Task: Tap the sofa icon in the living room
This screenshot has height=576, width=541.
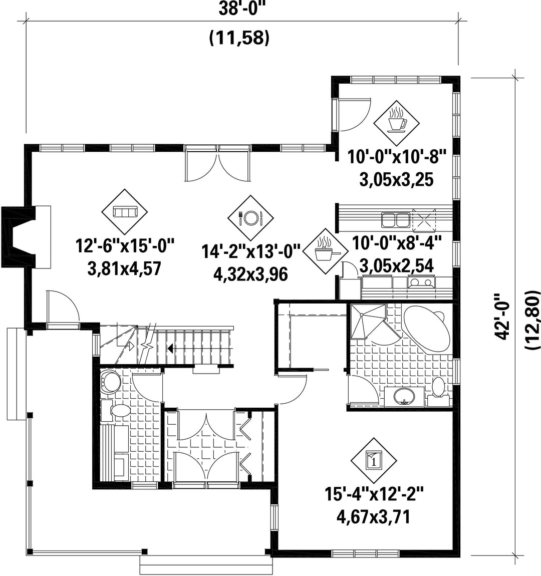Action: click(125, 212)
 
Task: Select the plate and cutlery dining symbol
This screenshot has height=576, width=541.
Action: click(250, 218)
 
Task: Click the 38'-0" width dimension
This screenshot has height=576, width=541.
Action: click(241, 10)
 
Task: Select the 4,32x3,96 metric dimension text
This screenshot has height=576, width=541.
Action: click(250, 274)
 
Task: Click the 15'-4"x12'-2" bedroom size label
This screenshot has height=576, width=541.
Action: click(374, 494)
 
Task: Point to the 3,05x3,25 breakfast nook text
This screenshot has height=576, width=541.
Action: click(397, 180)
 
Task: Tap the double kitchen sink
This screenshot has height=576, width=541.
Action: click(395, 220)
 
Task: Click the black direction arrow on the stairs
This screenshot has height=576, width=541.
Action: click(170, 347)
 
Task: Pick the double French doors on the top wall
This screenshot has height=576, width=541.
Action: click(218, 163)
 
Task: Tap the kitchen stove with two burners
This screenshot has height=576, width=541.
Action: click(421, 282)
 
